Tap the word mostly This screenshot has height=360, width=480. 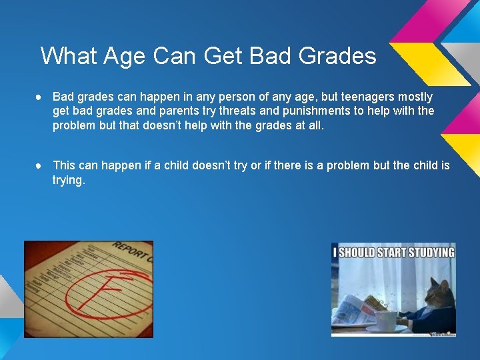[x=413, y=97]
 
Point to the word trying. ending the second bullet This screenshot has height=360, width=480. [x=69, y=180]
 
